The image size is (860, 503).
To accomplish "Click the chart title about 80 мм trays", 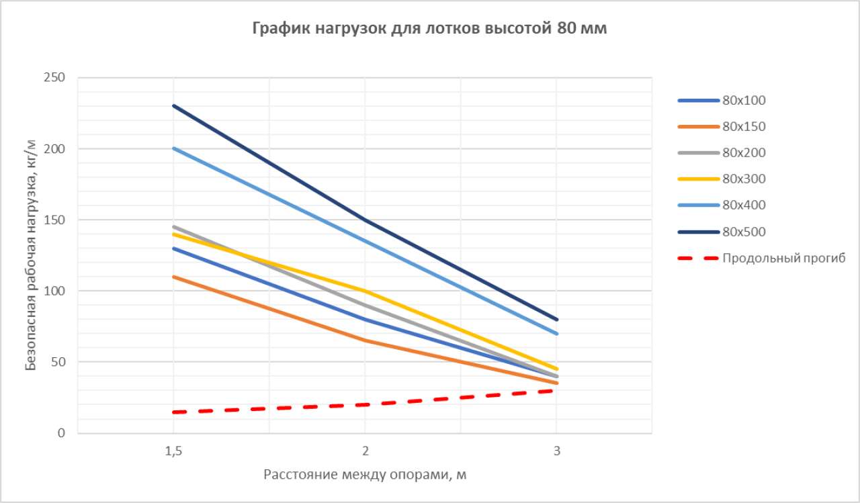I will click(x=429, y=29).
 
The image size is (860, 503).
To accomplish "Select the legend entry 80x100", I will click(x=744, y=101).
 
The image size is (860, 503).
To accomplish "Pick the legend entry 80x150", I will click(x=744, y=127).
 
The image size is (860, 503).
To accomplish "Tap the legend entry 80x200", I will click(x=744, y=153).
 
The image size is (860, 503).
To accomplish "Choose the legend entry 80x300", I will click(x=744, y=179).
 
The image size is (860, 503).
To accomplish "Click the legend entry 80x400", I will click(x=744, y=205).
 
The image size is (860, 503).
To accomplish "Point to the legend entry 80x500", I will click(x=744, y=232).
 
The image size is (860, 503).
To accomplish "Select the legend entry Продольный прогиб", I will click(x=783, y=259).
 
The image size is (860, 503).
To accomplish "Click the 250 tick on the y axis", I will click(x=56, y=78).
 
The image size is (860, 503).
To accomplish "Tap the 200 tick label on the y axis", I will click(x=56, y=149).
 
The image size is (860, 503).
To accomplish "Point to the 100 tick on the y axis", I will click(x=56, y=291).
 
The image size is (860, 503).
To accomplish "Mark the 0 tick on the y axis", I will click(x=61, y=434).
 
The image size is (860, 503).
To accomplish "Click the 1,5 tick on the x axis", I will click(x=173, y=452).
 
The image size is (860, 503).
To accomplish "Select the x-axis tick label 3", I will click(x=556, y=452).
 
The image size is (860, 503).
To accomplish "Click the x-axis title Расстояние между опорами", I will click(x=365, y=475).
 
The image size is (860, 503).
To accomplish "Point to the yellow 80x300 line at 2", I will click(x=365, y=291).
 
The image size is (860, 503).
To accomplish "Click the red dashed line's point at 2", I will click(x=365, y=405).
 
